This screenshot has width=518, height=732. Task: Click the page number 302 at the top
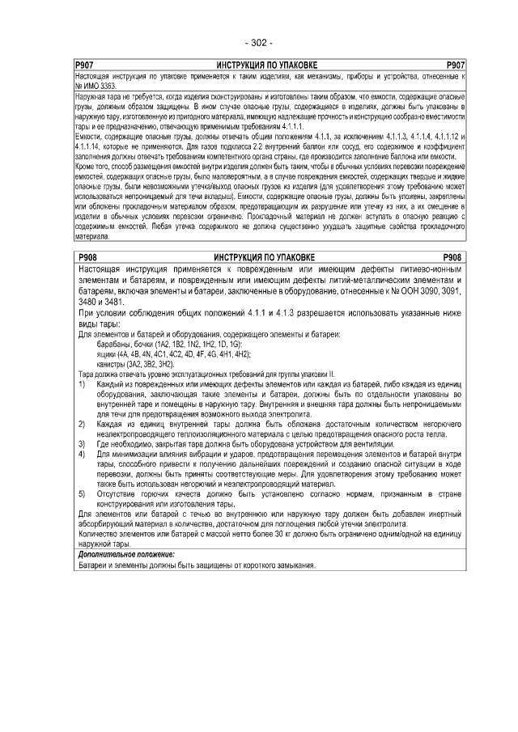258,43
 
